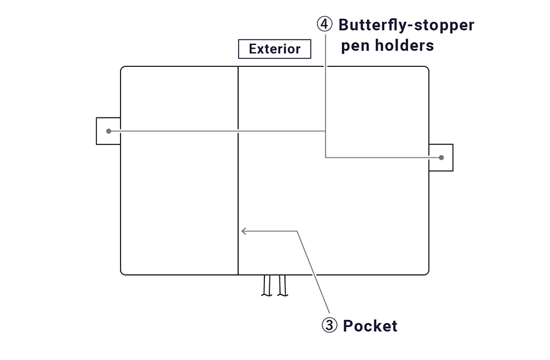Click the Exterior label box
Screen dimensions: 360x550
(274, 49)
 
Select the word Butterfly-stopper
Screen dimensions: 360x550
(406, 25)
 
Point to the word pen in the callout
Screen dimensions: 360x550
(354, 46)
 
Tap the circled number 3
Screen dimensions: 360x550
(329, 326)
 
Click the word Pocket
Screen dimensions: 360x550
(370, 326)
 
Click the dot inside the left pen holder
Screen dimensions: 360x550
(109, 131)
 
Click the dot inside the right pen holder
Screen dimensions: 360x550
(441, 157)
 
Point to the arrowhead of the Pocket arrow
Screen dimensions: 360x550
(243, 231)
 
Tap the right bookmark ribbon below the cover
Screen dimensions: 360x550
(282, 286)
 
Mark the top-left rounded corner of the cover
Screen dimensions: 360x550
(123, 69)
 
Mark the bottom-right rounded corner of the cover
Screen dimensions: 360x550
(426, 272)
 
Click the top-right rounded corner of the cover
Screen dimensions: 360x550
(426, 69)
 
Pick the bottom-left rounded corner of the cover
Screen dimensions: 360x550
(123, 272)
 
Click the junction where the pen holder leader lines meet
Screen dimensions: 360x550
(326, 131)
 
